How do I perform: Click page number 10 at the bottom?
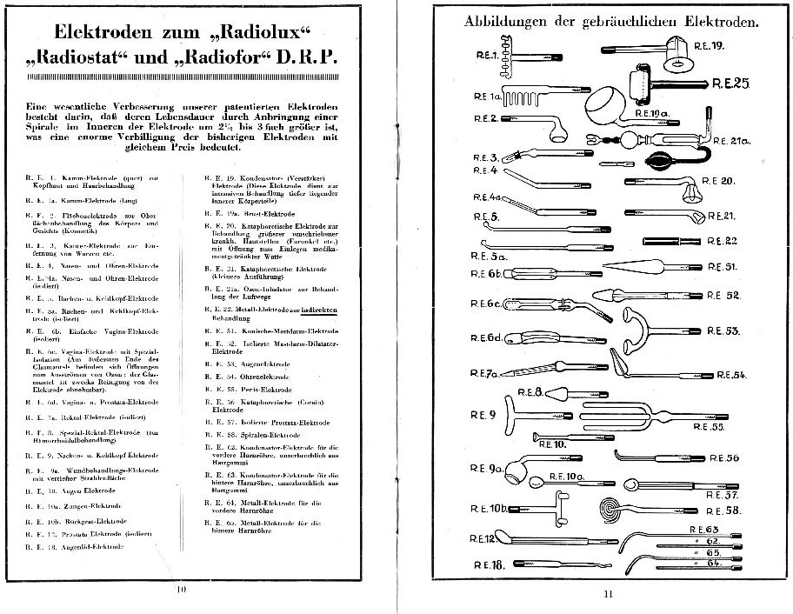pyautogui.click(x=182, y=589)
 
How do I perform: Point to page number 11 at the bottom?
pyautogui.click(x=608, y=594)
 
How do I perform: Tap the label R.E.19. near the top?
pyautogui.click(x=709, y=43)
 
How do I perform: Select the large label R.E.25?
pyautogui.click(x=730, y=83)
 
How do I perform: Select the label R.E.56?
pyautogui.click(x=727, y=457)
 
